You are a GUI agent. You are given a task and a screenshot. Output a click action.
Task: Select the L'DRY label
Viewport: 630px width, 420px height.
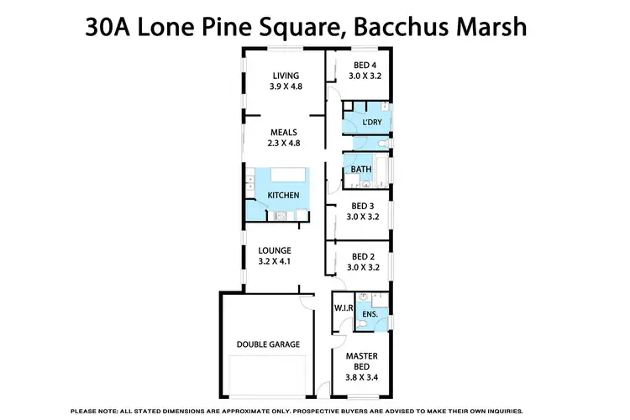371,123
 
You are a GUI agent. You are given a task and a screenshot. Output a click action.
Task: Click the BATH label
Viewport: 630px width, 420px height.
361,170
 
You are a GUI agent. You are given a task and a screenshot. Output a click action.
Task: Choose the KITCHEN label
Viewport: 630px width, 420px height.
283,196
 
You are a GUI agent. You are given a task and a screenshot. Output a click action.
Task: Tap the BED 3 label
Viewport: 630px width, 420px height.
364,205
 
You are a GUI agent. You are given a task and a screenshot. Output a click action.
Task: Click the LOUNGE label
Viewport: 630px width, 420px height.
275,250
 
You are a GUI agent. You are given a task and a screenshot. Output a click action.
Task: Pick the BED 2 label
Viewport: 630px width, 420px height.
364,257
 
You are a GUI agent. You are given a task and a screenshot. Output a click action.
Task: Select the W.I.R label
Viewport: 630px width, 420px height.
344,307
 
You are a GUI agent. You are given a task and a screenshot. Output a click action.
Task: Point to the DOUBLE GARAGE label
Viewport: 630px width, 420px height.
269,344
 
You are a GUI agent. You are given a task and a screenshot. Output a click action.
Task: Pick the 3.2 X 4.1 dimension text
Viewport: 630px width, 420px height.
275,261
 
